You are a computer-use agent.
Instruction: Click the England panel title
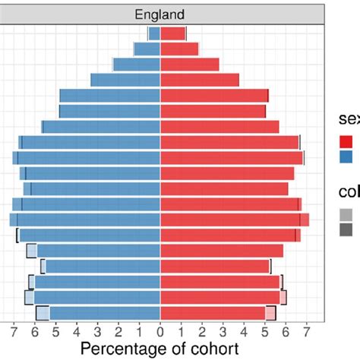159,14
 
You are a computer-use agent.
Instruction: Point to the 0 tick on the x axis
160,331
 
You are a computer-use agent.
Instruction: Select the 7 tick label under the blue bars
14,331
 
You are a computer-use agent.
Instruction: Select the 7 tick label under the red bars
306,331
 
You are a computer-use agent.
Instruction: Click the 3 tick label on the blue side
97,331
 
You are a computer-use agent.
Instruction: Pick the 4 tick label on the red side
244,331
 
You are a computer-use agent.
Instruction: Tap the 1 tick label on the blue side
139,331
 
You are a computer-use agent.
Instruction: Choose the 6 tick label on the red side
286,331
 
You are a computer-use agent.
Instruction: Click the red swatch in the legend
346,141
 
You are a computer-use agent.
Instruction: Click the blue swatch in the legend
346,156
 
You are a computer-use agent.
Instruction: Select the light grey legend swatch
346,214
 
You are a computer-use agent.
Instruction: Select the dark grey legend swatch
346,229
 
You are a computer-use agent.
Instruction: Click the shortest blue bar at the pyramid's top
154,33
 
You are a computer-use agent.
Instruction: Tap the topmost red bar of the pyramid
172,33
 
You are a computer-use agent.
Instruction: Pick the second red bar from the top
179,49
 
